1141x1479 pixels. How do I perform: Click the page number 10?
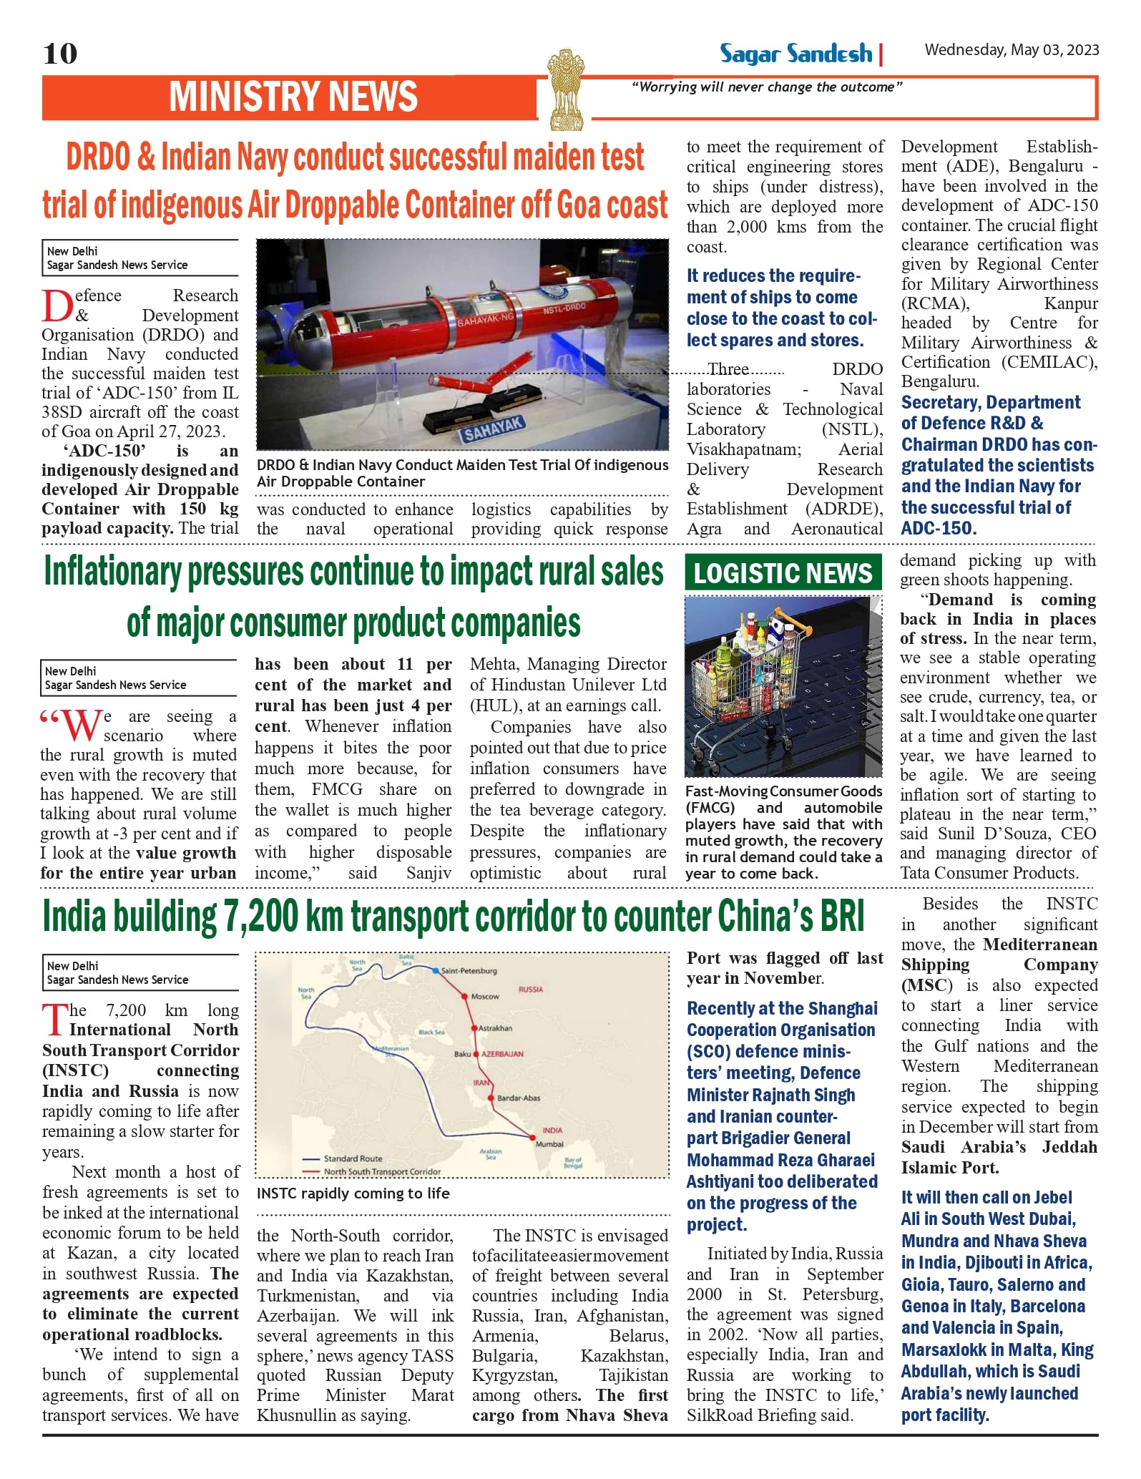pyautogui.click(x=60, y=54)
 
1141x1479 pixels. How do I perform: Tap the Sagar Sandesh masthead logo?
pyautogui.click(x=795, y=54)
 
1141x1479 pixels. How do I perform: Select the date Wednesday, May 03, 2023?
pyautogui.click(x=1012, y=49)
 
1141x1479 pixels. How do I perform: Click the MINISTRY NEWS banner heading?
pyautogui.click(x=293, y=97)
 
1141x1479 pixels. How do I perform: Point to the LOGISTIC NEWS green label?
pyautogui.click(x=783, y=573)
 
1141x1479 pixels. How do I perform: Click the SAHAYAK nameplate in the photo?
pyautogui.click(x=494, y=429)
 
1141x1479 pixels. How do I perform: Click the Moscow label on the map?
pyautogui.click(x=485, y=997)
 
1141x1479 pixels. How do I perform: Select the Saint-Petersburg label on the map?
pyautogui.click(x=469, y=971)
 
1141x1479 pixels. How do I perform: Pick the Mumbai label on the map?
pyautogui.click(x=549, y=1144)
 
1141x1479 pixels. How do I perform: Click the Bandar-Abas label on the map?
pyautogui.click(x=518, y=1098)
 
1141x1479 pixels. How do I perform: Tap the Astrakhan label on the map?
pyautogui.click(x=495, y=1028)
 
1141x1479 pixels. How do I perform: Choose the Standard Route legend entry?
pyautogui.click(x=353, y=1158)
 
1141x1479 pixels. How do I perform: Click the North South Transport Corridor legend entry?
pyautogui.click(x=381, y=1172)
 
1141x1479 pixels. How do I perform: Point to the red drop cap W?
pyautogui.click(x=80, y=725)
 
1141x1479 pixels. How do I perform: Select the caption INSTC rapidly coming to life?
pyautogui.click(x=353, y=1194)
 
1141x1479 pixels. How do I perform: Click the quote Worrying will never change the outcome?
pyautogui.click(x=767, y=87)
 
